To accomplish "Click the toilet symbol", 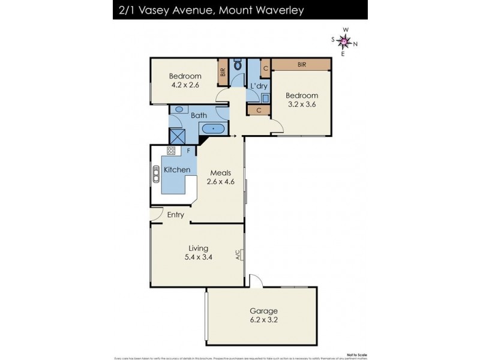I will [238, 65].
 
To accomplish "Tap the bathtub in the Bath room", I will [213, 128].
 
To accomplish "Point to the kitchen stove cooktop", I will [171, 151].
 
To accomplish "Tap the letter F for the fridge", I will [188, 151].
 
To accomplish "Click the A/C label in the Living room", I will [238, 254].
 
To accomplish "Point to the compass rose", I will [344, 41].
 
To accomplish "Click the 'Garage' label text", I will [263, 311].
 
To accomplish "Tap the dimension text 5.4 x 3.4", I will [198, 257].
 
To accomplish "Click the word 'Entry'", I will [176, 215].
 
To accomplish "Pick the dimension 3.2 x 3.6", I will [301, 104].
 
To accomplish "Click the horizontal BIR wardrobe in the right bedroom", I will [302, 64].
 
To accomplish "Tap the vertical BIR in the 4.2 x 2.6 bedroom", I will [223, 72].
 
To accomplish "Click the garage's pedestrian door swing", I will [254, 280].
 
